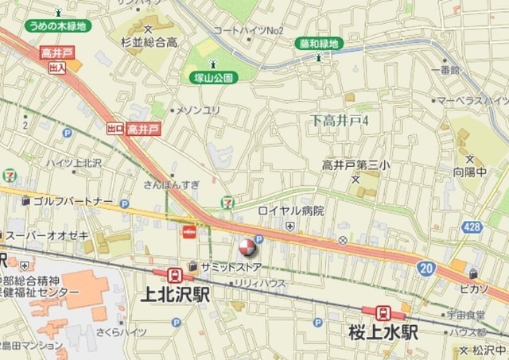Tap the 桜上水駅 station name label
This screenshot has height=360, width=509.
point(383,333)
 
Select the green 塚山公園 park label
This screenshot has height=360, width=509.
point(214,78)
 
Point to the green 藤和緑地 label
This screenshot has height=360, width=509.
point(318,43)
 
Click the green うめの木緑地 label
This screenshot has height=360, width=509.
point(57,25)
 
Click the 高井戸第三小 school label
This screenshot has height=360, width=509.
point(356,165)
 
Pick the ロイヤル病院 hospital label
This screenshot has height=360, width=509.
point(291,211)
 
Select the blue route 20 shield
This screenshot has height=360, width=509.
point(427,269)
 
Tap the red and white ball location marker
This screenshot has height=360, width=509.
point(247,246)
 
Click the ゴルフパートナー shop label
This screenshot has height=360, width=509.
point(72,201)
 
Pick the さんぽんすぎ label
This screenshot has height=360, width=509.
point(172,184)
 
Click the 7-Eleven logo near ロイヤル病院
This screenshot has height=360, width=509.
point(228,203)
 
